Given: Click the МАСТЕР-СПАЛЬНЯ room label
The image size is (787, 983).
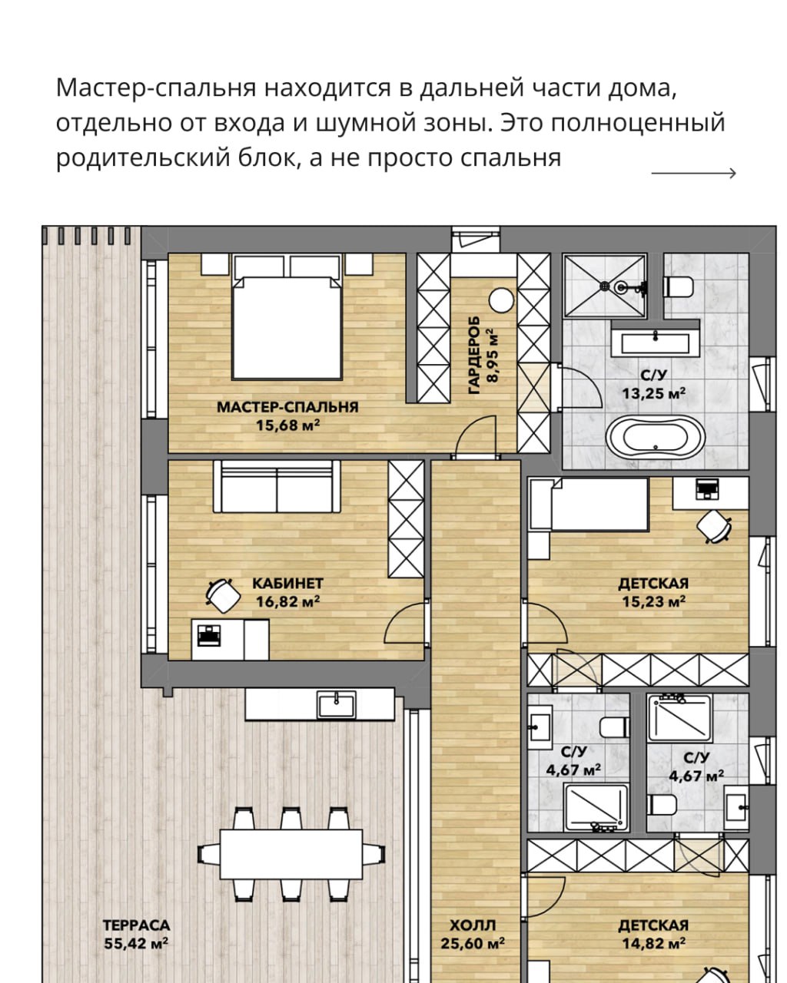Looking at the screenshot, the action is (x=287, y=407).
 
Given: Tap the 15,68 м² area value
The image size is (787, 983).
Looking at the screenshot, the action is (x=287, y=425).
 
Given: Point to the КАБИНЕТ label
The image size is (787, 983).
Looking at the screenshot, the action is (x=287, y=584).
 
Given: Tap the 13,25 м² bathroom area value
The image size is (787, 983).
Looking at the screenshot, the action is (x=653, y=393).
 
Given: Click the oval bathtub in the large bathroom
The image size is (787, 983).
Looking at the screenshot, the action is (x=656, y=437).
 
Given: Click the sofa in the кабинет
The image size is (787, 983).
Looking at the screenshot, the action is (x=277, y=486).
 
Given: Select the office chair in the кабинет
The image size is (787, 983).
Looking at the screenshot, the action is (x=223, y=594).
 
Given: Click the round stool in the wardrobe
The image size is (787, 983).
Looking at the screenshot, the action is (x=501, y=300).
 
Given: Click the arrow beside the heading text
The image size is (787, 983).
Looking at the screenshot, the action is (x=693, y=173).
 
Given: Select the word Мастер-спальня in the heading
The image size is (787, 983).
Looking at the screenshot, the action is (x=155, y=88).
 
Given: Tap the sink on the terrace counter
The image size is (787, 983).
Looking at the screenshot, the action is (x=337, y=704).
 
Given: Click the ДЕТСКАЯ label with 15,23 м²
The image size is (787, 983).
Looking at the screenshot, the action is (x=653, y=584).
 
